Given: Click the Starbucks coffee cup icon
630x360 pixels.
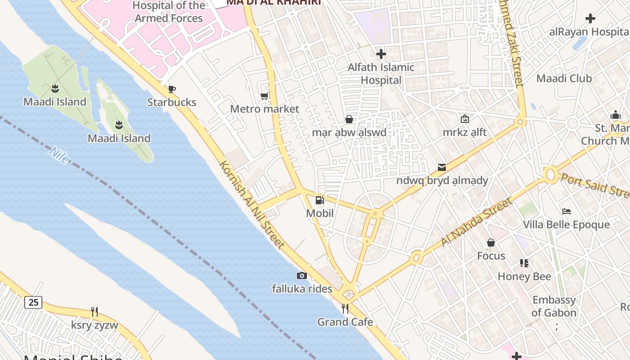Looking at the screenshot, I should pyautogui.click(x=171, y=89).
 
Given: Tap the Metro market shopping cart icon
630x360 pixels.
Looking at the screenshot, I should pyautogui.click(x=265, y=96).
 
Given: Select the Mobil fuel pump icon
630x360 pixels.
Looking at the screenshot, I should pyautogui.click(x=319, y=200).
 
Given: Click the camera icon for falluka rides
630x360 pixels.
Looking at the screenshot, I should pyautogui.click(x=302, y=275).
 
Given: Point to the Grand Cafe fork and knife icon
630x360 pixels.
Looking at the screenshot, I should pyautogui.click(x=345, y=308).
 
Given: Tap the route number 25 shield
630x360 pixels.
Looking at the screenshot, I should pyautogui.click(x=34, y=302).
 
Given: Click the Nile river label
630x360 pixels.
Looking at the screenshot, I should pyautogui.click(x=59, y=155).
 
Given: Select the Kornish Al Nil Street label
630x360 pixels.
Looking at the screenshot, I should pyautogui.click(x=252, y=204).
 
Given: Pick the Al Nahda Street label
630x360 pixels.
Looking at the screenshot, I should pyautogui.click(x=477, y=222).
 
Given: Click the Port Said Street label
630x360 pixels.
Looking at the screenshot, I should pyautogui.click(x=594, y=185).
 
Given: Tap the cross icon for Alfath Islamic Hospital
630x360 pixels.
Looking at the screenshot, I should pyautogui.click(x=381, y=54).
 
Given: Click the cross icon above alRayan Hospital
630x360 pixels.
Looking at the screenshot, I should pyautogui.click(x=590, y=18).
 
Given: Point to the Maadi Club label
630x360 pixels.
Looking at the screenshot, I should pyautogui.click(x=564, y=78).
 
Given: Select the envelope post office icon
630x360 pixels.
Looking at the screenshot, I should pyautogui.click(x=442, y=167).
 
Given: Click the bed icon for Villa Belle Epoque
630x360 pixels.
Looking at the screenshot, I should pyautogui.click(x=567, y=211).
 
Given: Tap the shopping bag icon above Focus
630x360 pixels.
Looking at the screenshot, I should pyautogui.click(x=491, y=243).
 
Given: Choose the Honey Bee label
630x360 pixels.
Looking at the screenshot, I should pyautogui.click(x=524, y=276).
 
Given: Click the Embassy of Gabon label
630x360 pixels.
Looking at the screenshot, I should pyautogui.click(x=553, y=306).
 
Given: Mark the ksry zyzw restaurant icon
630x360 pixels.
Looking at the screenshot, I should pyautogui.click(x=94, y=311).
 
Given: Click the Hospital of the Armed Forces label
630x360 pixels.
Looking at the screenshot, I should pyautogui.click(x=169, y=12).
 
